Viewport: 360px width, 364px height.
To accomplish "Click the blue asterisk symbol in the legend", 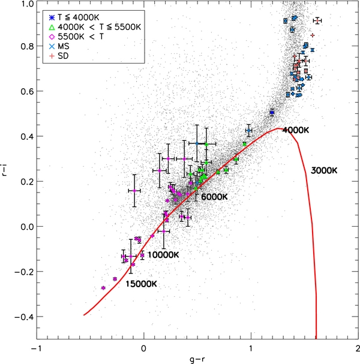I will (x=50, y=16).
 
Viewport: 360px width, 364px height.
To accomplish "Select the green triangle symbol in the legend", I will (x=50, y=26).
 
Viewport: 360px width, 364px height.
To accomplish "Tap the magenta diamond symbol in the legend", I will (x=50, y=36).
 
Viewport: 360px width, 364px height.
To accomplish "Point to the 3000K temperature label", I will (x=325, y=171).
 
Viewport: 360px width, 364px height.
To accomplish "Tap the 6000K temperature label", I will (x=217, y=197).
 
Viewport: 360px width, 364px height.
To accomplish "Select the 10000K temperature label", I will (x=164, y=255).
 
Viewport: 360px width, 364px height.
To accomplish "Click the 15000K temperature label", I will (x=142, y=284).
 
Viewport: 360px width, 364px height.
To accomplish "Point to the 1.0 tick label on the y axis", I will (x=25, y=4).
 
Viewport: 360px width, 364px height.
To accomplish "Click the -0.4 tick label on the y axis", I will (x=22, y=317).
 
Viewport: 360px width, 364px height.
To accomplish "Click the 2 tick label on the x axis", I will (x=358, y=348).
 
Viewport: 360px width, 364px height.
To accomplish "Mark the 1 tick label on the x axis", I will (x=251, y=348).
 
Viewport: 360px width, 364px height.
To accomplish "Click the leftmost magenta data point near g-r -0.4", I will (x=103, y=288).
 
